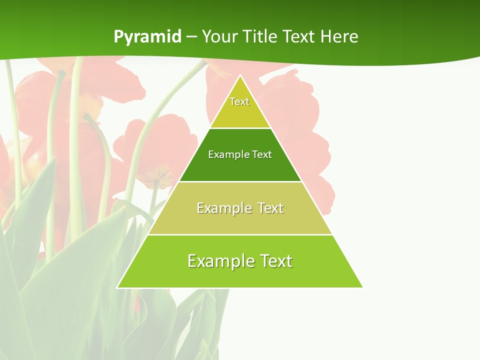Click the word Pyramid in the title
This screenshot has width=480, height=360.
pyautogui.click(x=147, y=37)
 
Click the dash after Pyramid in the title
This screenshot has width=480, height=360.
pyautogui.click(x=191, y=37)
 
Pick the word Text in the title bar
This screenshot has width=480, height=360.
pyautogui.click(x=299, y=36)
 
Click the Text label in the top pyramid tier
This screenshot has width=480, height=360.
pyautogui.click(x=239, y=101)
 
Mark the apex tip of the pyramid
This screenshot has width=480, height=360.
pyautogui.click(x=240, y=76)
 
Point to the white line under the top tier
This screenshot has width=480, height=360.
pyautogui.click(x=240, y=128)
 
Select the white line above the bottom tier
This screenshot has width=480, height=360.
pyautogui.click(x=240, y=234)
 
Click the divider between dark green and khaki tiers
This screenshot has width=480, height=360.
pyautogui.click(x=240, y=181)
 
